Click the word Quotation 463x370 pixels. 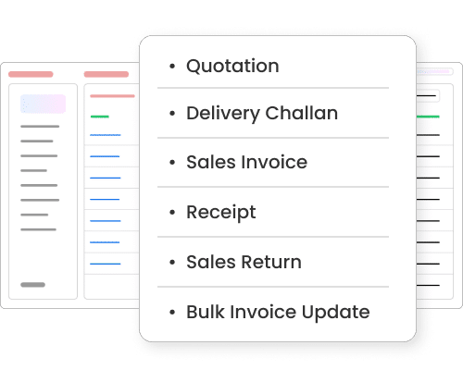pos(232,67)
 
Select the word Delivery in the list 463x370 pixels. pos(223,114)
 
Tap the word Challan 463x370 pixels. pos(302,113)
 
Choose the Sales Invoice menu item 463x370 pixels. pos(247,162)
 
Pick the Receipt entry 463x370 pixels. pos(221,213)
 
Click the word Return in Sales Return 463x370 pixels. pos(271,262)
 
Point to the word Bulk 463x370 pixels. pos(206,312)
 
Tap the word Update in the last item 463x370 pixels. pos(335,313)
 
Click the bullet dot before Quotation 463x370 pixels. pos(172,66)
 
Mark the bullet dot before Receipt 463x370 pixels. pos(172,212)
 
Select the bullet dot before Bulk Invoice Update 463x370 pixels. pos(172,312)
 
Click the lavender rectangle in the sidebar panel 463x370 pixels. pos(43,104)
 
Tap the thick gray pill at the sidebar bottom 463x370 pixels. pos(32,285)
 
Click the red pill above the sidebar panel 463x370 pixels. pos(31,74)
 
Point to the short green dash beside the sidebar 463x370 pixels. pos(100,117)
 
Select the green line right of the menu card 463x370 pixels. pos(428,117)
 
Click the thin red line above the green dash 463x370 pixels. pos(112,96)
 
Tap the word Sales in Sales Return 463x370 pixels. pos(211,262)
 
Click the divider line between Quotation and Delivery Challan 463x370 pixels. pos(273,88)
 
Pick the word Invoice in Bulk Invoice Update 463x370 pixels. pos(263,312)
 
